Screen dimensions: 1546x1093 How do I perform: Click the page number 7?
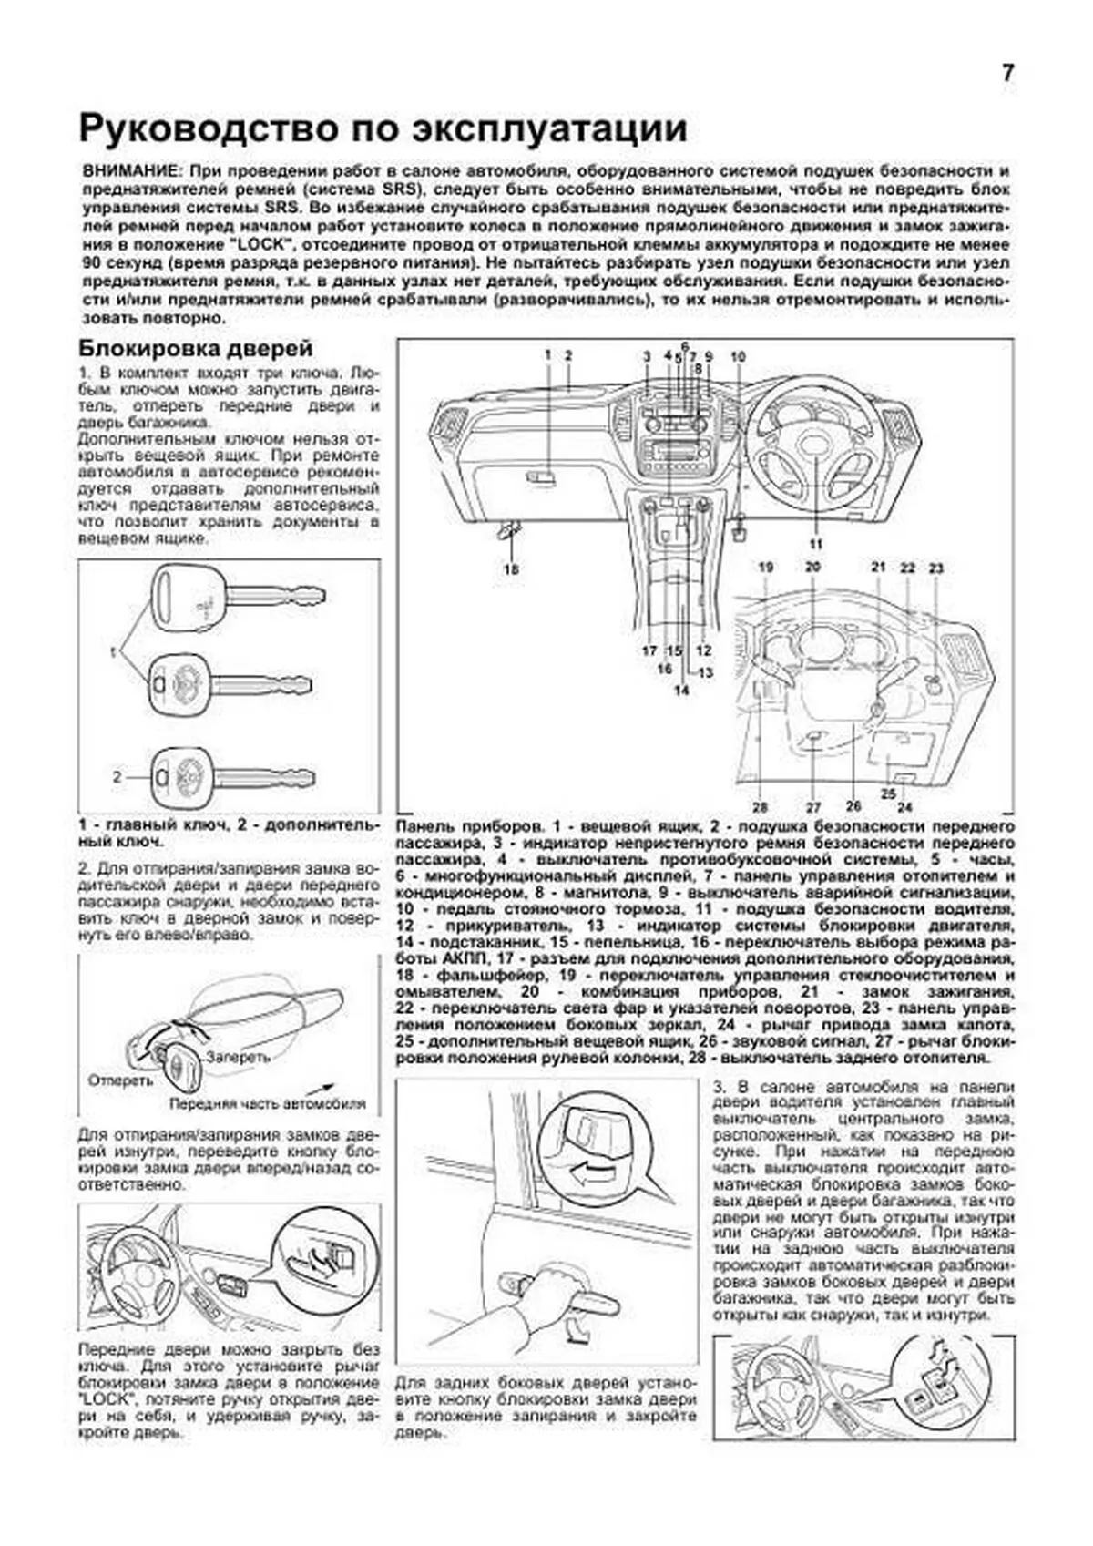point(1007,74)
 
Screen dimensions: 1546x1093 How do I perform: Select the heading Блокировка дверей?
point(196,348)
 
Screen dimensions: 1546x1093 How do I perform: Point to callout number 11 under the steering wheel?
point(813,544)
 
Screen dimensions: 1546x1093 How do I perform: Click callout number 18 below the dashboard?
point(511,569)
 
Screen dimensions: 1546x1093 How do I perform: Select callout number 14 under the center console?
point(681,691)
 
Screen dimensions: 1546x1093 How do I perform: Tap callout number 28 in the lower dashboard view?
point(761,807)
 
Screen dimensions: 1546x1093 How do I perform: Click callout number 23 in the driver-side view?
point(936,568)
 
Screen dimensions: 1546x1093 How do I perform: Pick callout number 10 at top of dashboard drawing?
point(737,356)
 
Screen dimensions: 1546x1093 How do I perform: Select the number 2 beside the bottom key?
point(117,777)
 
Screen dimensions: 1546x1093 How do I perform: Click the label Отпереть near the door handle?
point(120,1080)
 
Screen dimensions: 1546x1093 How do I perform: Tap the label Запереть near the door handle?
point(238,1058)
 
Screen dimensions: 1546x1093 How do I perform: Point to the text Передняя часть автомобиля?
point(267,1103)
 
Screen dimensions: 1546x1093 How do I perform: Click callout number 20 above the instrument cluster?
point(812,567)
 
